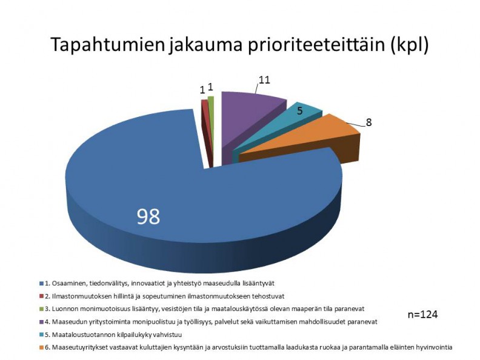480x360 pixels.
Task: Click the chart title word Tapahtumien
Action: click(108, 44)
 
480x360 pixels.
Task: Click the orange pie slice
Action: click(306, 141)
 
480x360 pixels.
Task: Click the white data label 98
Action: click(148, 216)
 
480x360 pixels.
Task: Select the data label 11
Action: click(264, 80)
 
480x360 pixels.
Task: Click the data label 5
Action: click(299, 111)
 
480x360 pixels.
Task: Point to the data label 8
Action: click(368, 122)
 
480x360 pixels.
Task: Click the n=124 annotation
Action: click(423, 315)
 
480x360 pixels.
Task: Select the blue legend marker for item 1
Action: click(42, 284)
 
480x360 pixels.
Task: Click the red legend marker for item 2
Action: click(42, 296)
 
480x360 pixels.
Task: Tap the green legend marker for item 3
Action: click(42, 309)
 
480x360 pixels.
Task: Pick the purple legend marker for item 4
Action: click(42, 322)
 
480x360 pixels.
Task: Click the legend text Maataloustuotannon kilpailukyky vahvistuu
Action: click(116, 335)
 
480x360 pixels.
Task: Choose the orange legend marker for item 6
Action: click(42, 347)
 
